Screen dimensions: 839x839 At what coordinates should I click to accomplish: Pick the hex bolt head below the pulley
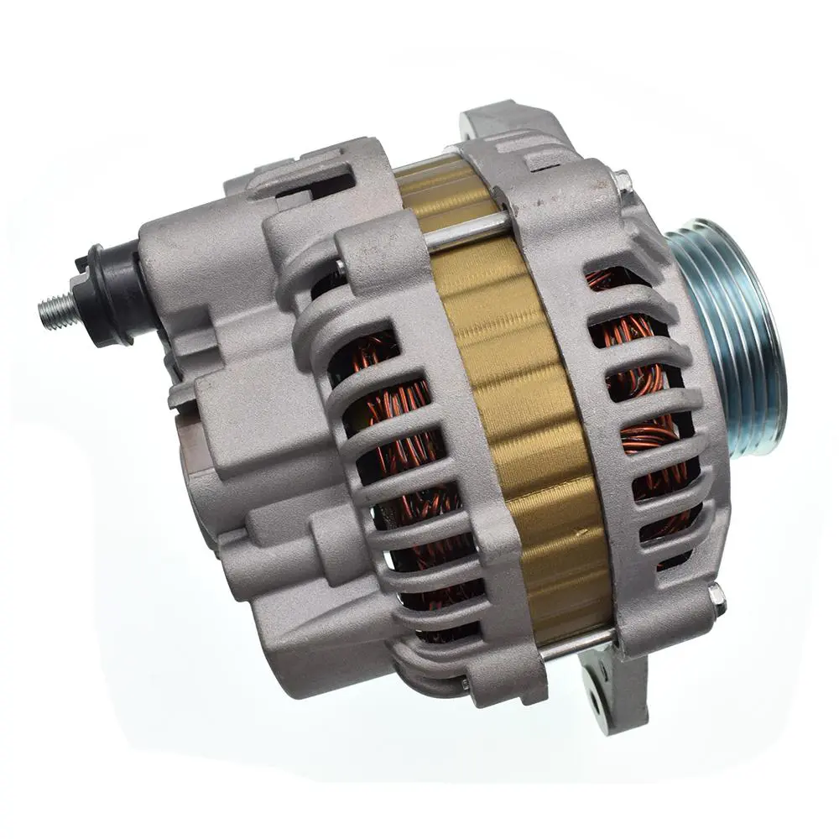tap(714, 594)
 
